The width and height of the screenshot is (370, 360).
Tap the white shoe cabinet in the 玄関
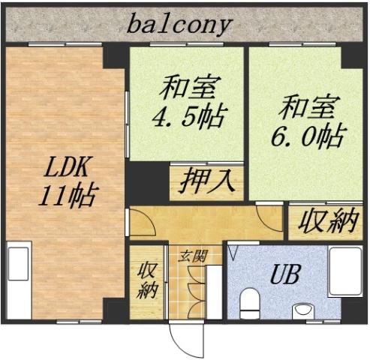click(214, 293)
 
